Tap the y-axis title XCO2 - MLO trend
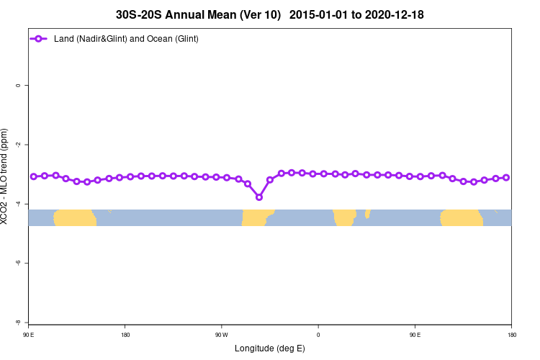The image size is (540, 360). click(x=5, y=177)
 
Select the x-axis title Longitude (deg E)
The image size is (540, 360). click(x=269, y=348)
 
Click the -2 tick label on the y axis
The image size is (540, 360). click(x=18, y=145)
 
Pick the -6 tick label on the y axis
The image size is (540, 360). click(x=18, y=263)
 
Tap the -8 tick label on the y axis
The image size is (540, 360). click(x=18, y=322)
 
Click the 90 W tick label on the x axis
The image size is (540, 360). click(x=221, y=334)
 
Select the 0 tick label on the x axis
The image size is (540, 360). click(x=318, y=334)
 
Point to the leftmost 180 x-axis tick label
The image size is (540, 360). click(x=125, y=334)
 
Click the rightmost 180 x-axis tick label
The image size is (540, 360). click(x=510, y=334)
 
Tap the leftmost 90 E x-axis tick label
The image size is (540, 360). click(x=29, y=334)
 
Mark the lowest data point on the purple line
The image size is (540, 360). click(x=259, y=197)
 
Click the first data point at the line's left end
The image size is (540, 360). click(x=34, y=176)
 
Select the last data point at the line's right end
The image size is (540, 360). click(x=506, y=177)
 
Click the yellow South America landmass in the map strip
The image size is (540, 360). click(x=256, y=217)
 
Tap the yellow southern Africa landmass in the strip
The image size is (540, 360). click(x=345, y=217)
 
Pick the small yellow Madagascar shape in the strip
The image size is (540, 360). click(x=367, y=213)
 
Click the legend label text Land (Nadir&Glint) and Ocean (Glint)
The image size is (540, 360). click(x=126, y=38)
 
